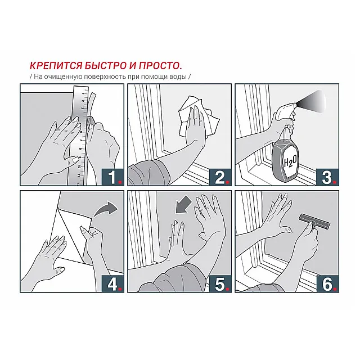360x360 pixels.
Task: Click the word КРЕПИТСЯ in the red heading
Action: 56,66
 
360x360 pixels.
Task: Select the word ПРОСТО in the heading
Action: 160,66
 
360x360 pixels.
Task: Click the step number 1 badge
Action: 113,177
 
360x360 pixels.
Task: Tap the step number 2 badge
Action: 220,177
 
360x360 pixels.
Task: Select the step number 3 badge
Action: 327,177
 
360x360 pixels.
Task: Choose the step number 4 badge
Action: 113,284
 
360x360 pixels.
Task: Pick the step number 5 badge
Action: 220,284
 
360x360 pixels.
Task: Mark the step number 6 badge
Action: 327,284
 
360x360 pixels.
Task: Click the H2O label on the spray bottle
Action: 290,162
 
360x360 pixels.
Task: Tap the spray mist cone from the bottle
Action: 312,100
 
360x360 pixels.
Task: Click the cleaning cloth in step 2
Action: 199,117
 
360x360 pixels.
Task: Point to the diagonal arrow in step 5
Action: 184,205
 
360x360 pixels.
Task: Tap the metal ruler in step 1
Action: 80,136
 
